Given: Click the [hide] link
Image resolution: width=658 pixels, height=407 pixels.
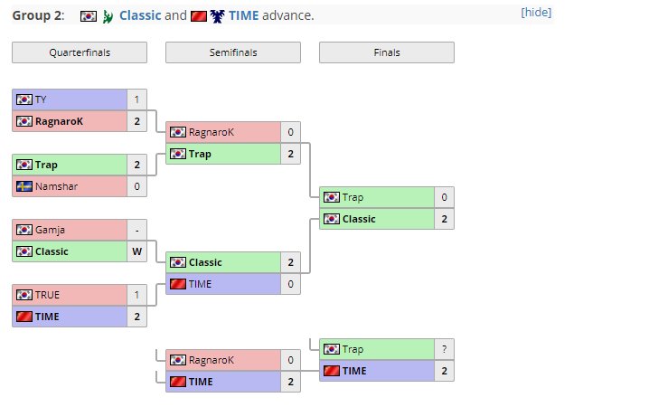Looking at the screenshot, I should pyautogui.click(x=536, y=13).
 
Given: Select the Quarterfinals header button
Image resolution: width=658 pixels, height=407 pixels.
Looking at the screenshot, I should pyautogui.click(x=80, y=52).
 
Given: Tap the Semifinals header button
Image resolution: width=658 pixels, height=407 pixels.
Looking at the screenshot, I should pyautogui.click(x=233, y=52).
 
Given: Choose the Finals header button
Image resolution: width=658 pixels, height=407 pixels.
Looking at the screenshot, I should pyautogui.click(x=387, y=52).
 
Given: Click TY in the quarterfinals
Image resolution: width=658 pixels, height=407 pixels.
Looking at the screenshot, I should pyautogui.click(x=40, y=99).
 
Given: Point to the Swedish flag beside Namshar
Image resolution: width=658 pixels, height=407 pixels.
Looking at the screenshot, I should pyautogui.click(x=24, y=186).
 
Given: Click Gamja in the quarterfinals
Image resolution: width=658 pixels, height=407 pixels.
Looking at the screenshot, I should pyautogui.click(x=49, y=230).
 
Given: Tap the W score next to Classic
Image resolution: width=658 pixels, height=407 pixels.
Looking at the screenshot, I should pyautogui.click(x=137, y=251).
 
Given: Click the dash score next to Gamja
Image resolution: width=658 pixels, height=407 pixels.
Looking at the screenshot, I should pyautogui.click(x=137, y=230).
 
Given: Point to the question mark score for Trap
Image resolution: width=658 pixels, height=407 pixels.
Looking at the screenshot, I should pyautogui.click(x=445, y=349).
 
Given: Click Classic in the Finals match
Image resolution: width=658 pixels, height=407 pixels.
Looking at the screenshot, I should pyautogui.click(x=359, y=219).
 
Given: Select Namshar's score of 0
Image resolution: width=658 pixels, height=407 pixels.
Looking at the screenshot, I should pyautogui.click(x=137, y=186).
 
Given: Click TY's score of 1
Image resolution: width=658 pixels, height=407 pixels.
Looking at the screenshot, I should pyautogui.click(x=137, y=99).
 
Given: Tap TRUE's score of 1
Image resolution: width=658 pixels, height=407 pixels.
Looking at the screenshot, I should pyautogui.click(x=137, y=295).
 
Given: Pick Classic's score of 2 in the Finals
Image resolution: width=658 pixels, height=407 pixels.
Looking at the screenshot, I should pyautogui.click(x=445, y=219).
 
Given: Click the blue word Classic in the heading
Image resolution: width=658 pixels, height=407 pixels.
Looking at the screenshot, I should pyautogui.click(x=140, y=16).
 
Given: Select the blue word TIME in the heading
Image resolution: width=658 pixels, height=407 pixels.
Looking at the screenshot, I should pyautogui.click(x=243, y=16).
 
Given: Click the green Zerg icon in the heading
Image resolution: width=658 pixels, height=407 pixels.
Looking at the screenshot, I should pyautogui.click(x=108, y=16).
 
